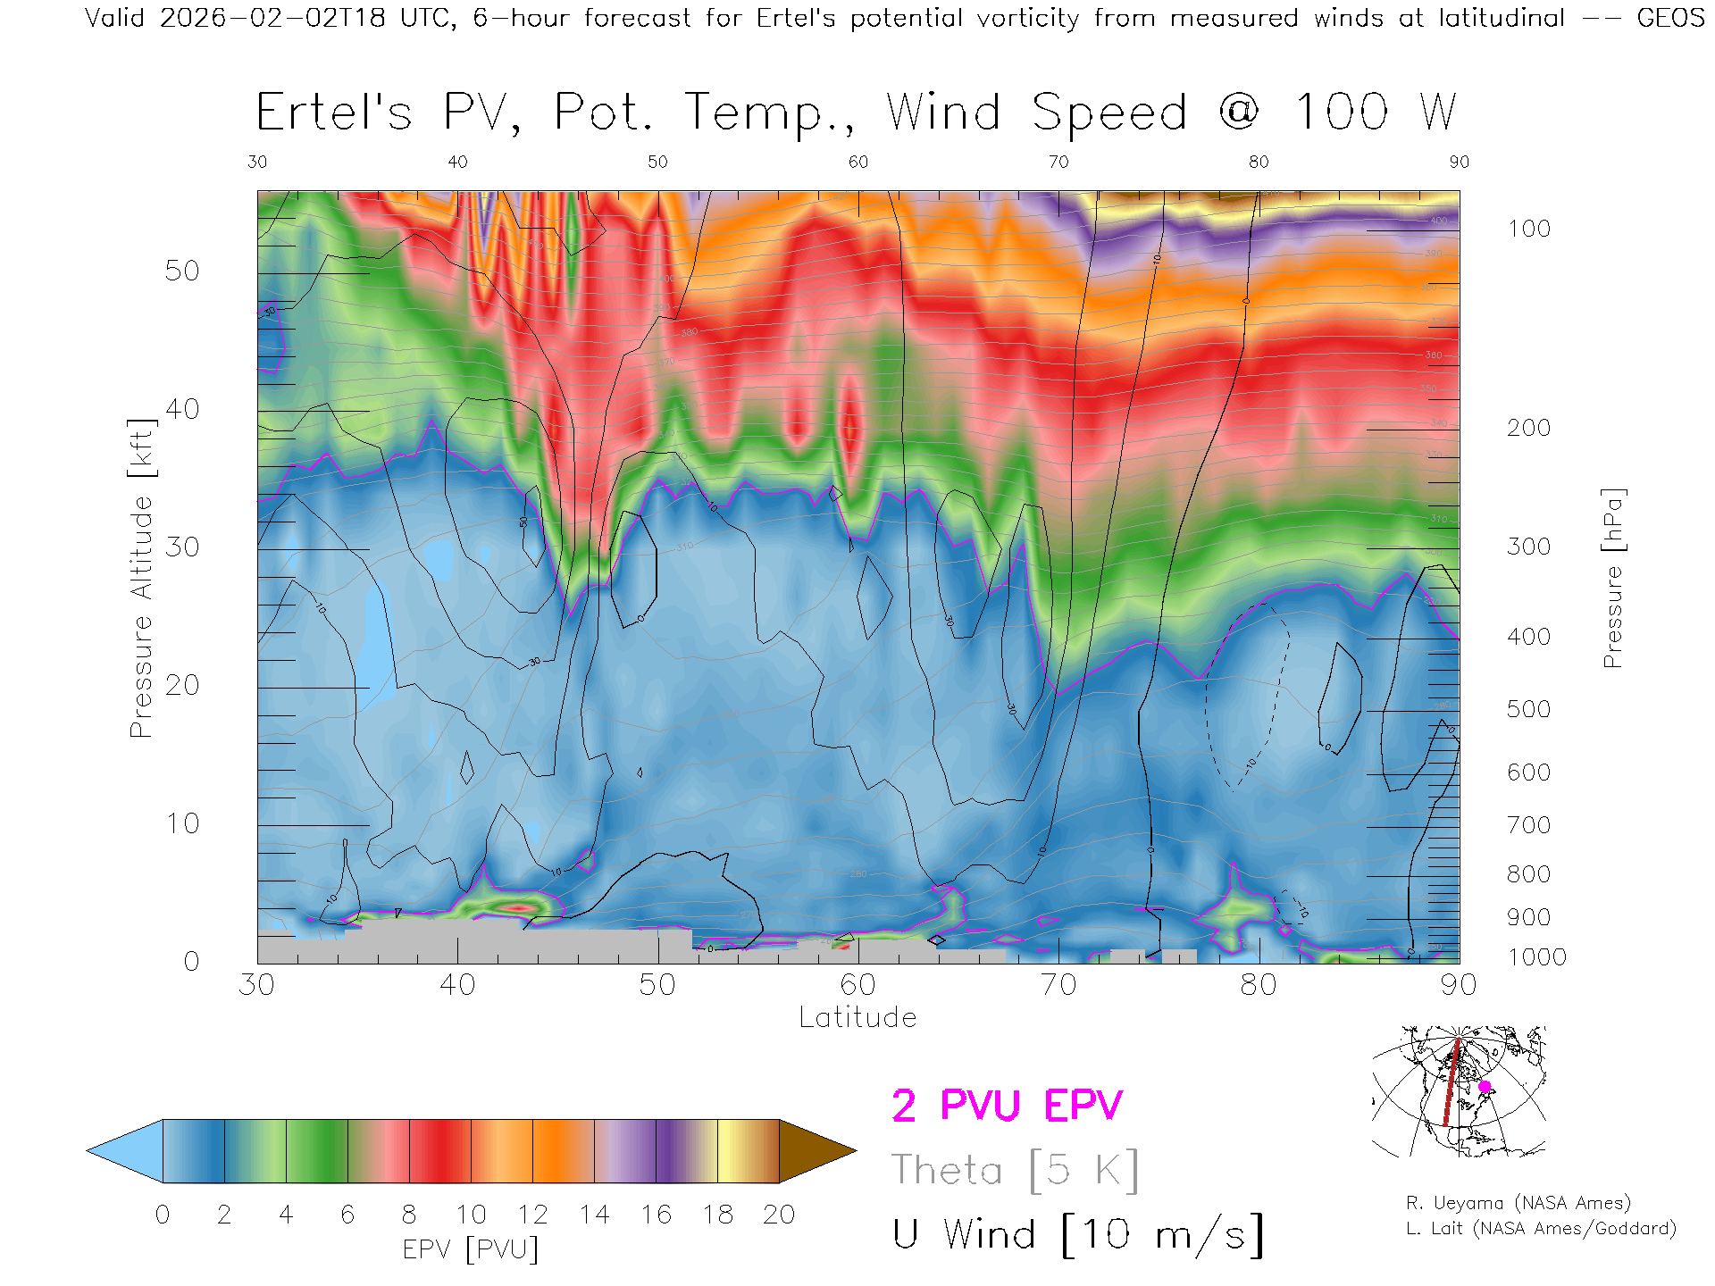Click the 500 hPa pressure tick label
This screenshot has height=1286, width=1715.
coord(1528,709)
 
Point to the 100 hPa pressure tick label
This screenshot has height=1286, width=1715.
coord(1528,229)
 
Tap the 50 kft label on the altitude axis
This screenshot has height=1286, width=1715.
coord(182,271)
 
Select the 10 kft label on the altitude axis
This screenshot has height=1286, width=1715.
coord(182,823)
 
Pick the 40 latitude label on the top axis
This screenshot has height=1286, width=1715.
coord(457,162)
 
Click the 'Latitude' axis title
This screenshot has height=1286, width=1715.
coord(857,1017)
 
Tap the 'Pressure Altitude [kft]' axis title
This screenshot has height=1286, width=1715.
coord(141,578)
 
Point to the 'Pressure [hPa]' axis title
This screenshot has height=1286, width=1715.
coord(1612,578)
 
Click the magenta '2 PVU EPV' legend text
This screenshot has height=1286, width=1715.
coord(1007,1106)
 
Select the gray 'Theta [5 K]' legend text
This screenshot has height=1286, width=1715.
coord(1015,1170)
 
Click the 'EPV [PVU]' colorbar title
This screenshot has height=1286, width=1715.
coord(471,1248)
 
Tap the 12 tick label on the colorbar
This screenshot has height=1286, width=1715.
coord(532,1215)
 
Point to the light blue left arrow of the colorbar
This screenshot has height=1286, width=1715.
coord(126,1151)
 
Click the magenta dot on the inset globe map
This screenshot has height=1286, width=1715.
coord(1485,1087)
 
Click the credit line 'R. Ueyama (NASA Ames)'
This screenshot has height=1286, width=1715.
coord(1518,1203)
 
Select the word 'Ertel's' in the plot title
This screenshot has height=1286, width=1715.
coord(334,113)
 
